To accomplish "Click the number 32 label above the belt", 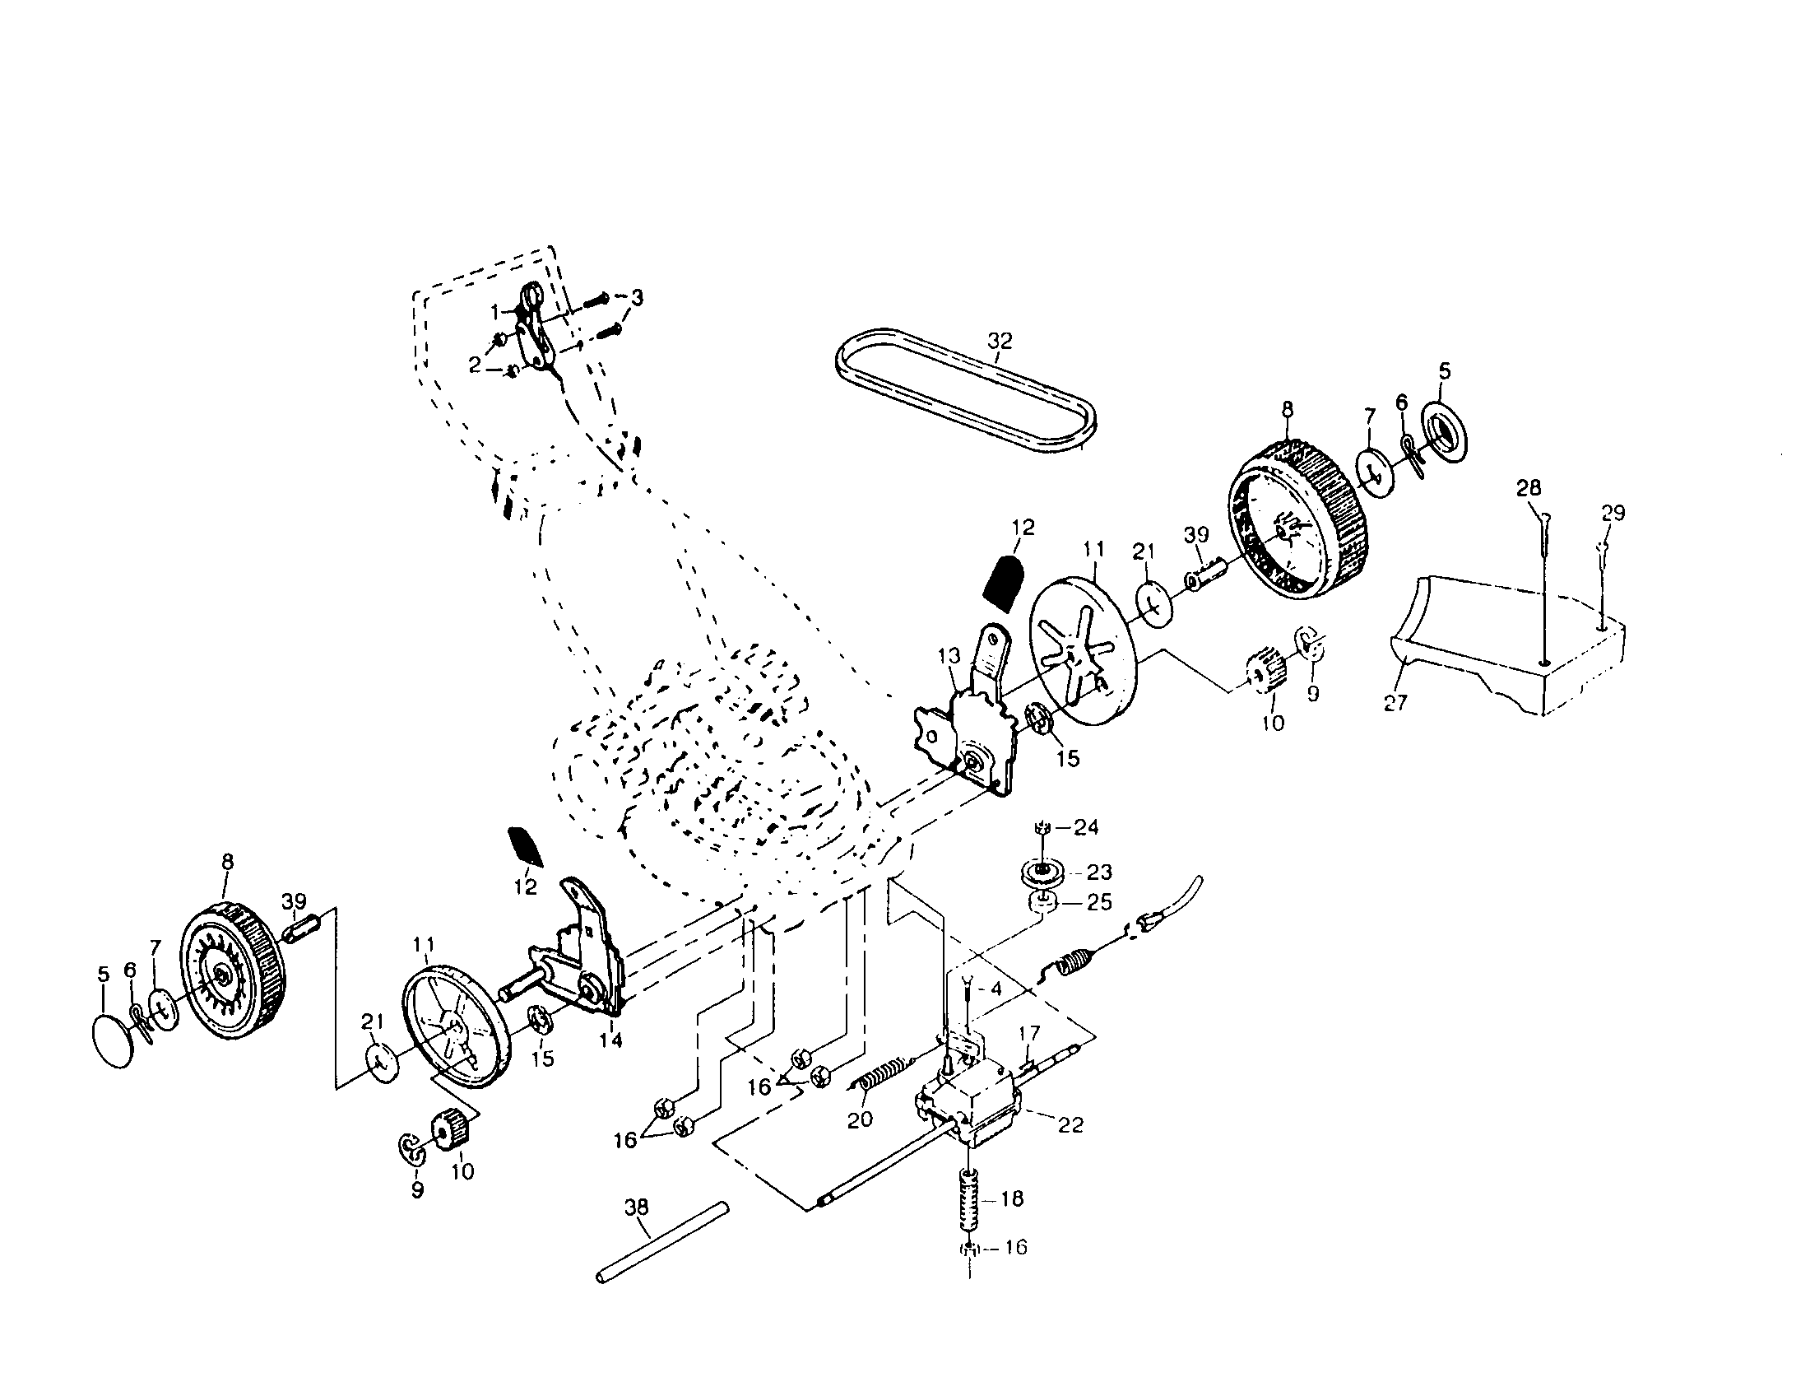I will (x=1000, y=341).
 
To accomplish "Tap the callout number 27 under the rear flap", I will (x=1395, y=703).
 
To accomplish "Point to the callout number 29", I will (x=1613, y=513).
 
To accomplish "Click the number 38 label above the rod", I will (x=637, y=1207).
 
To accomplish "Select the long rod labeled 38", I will (x=663, y=1243).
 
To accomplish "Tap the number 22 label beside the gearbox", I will (x=1070, y=1125).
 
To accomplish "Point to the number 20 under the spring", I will (x=861, y=1120).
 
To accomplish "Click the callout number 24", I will (x=1086, y=826).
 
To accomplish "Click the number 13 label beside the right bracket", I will (x=949, y=656).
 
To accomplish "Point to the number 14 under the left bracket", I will (x=610, y=1040).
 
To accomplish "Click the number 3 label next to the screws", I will (x=637, y=297).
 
